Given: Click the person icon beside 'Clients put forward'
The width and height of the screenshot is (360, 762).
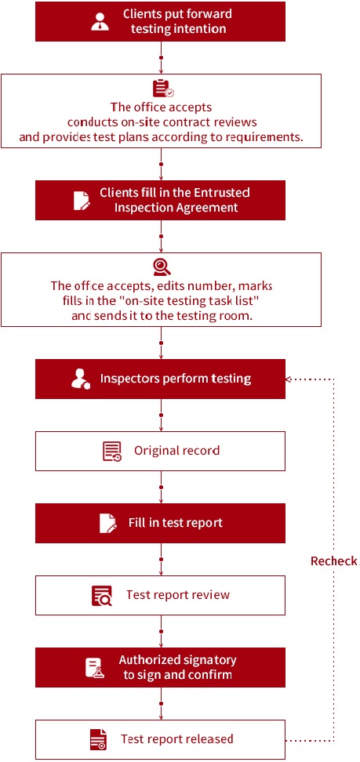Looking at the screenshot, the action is coord(100,22).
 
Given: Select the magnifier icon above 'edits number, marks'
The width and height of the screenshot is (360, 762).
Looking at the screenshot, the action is coord(162,267).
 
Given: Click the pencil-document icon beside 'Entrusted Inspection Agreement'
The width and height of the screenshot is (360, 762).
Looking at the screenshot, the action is coord(82,200).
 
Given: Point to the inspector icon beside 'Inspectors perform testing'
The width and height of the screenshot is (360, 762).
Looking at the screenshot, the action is coord(81,379).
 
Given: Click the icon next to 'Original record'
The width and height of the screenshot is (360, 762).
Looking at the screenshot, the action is coord(112,451).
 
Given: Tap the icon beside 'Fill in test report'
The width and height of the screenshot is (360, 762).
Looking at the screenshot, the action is coord(108,523).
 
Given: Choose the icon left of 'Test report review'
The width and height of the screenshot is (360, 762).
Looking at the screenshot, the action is coord(102,595).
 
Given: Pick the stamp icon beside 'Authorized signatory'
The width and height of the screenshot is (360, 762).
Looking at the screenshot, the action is coord(94,668).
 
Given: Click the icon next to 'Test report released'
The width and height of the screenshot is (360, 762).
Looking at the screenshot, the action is coord(98,739).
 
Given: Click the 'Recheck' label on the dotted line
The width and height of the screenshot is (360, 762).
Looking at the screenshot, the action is coord(334,561).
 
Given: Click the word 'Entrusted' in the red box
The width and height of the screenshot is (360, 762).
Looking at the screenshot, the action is coord(222,192).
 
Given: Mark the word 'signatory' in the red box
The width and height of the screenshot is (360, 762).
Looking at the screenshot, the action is coord(211,660).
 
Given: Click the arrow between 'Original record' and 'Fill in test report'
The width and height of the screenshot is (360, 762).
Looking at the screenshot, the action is coord(161,487).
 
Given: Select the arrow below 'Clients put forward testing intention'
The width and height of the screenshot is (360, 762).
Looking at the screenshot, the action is coord(161,57).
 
